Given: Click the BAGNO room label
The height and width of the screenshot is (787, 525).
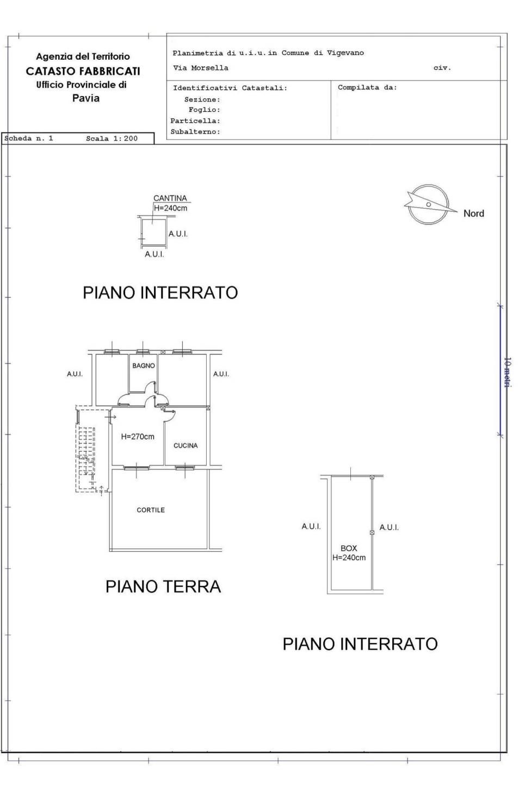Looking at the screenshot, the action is (x=144, y=366).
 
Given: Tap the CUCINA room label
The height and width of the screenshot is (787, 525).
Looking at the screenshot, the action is (x=186, y=446).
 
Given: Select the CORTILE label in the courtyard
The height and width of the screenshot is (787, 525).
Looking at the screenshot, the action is (x=151, y=510).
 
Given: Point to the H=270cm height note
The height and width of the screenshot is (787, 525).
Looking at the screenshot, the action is (x=138, y=437).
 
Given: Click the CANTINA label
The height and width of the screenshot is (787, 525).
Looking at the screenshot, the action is (x=170, y=198).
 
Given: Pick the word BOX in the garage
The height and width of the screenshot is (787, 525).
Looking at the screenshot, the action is (x=349, y=548).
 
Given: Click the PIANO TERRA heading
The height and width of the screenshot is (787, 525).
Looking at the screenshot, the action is (x=163, y=586).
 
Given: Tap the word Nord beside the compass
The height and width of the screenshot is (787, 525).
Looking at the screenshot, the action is (x=474, y=213).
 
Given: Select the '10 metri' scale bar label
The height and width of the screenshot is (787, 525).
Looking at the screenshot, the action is (x=508, y=372).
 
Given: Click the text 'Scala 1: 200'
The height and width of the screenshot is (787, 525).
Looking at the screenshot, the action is (x=112, y=139).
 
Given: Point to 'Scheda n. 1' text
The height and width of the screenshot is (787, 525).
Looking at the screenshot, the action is (x=28, y=138).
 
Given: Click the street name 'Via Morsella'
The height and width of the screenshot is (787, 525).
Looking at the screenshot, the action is (x=200, y=68).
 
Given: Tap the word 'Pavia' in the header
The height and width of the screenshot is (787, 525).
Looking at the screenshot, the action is (x=86, y=98).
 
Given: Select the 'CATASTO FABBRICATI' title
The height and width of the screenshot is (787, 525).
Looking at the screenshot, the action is (x=83, y=71).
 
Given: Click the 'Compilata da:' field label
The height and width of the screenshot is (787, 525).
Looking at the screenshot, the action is (x=367, y=87).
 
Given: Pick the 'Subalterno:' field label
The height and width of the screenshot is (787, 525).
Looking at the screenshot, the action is (x=195, y=132).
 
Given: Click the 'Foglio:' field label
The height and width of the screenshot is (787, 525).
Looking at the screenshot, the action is (x=205, y=110).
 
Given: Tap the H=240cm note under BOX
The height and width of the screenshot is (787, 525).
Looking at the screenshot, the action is (x=349, y=558).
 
